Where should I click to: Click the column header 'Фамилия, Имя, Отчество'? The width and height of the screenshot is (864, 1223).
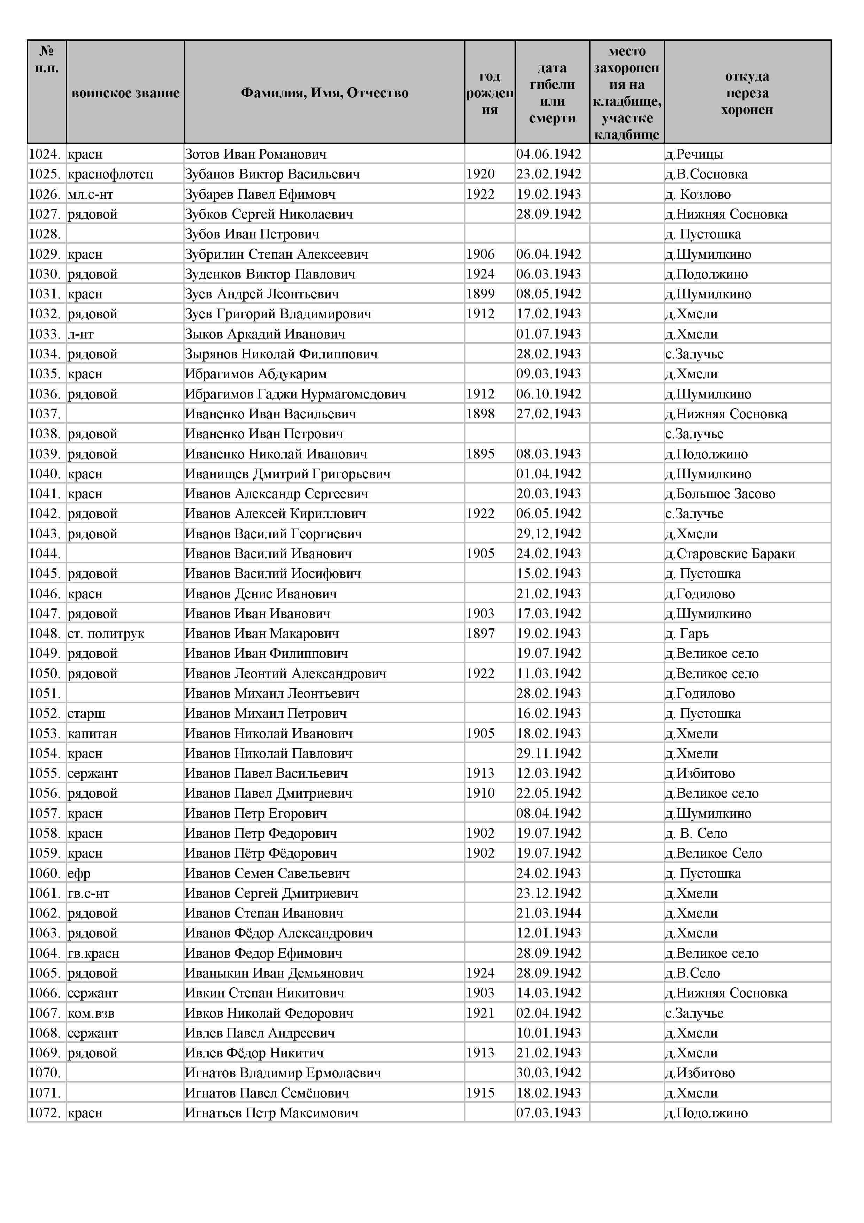click(324, 93)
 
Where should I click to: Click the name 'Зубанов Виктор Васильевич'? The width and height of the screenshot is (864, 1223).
click(272, 174)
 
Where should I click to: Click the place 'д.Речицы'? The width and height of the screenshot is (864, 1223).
click(694, 154)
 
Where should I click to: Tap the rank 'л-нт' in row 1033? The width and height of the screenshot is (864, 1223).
click(80, 334)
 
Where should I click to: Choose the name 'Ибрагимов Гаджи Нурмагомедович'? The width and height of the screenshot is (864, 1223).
click(295, 394)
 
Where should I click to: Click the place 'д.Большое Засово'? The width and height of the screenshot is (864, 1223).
click(720, 494)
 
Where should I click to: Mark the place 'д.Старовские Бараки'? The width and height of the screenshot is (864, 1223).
click(730, 554)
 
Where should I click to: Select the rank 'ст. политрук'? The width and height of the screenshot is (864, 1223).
click(106, 634)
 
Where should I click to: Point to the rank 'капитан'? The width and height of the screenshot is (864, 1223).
click(92, 734)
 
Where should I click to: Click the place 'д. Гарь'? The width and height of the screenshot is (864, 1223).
click(687, 634)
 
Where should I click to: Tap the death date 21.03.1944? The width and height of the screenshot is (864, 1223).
click(548, 913)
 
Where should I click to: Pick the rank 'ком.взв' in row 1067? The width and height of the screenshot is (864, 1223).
click(91, 1013)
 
